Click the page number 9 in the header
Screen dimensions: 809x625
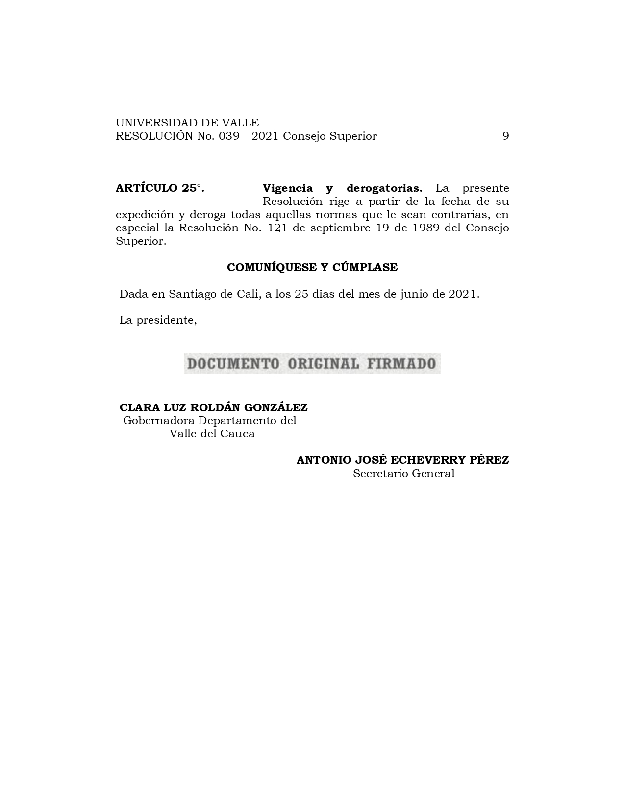[x=505, y=136]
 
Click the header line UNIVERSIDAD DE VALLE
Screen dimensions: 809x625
[x=187, y=123]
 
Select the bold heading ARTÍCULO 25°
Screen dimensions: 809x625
[x=160, y=188]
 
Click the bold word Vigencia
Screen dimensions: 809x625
[x=287, y=188]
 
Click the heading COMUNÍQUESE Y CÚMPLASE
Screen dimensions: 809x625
[x=312, y=268]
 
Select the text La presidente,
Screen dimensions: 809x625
[x=158, y=321]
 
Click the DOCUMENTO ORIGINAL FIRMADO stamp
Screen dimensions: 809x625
[x=312, y=363]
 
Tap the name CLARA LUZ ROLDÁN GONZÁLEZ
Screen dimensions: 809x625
[x=214, y=407]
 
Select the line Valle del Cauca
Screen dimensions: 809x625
[x=212, y=434]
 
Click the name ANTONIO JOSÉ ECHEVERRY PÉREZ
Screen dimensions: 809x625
[x=402, y=460]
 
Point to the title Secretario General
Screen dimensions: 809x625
[x=403, y=474]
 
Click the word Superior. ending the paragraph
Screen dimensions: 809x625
[x=141, y=241]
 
